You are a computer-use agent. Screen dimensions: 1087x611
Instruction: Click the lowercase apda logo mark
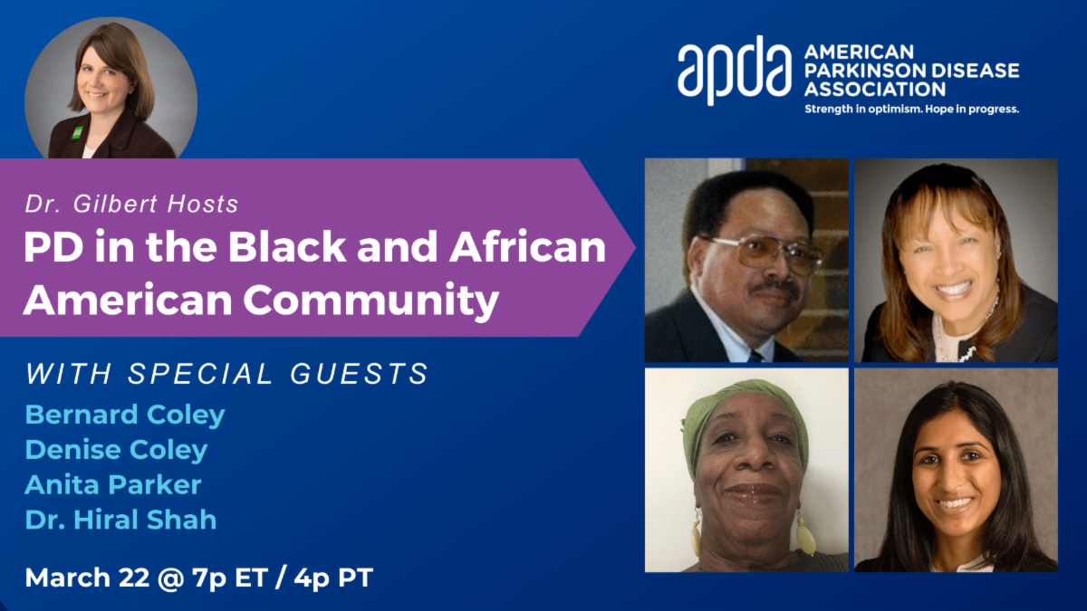[x=735, y=71]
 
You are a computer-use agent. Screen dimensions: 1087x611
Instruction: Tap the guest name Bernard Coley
[x=125, y=415]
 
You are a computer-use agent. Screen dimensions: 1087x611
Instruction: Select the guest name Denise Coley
[x=117, y=450]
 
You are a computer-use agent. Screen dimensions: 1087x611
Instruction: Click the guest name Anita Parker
[x=113, y=484]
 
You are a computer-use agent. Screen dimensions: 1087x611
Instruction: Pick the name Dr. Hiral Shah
[x=120, y=520]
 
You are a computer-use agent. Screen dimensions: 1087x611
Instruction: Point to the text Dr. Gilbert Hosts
[x=131, y=204]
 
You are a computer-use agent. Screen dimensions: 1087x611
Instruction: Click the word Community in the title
[x=371, y=301]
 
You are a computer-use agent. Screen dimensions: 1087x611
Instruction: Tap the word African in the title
[x=527, y=246]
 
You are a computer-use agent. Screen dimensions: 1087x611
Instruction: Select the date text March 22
[x=87, y=578]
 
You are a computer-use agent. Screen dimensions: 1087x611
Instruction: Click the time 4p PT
[x=333, y=578]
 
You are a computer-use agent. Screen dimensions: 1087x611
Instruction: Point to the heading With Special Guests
[x=226, y=374]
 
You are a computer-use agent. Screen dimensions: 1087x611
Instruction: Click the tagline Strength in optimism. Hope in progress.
[x=912, y=110]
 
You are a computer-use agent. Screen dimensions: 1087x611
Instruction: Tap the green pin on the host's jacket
[x=77, y=132]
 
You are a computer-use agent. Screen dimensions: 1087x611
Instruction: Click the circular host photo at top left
[x=111, y=90]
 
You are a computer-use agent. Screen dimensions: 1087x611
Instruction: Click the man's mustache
[x=773, y=288]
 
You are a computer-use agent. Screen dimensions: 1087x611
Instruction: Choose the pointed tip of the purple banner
[x=635, y=247]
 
